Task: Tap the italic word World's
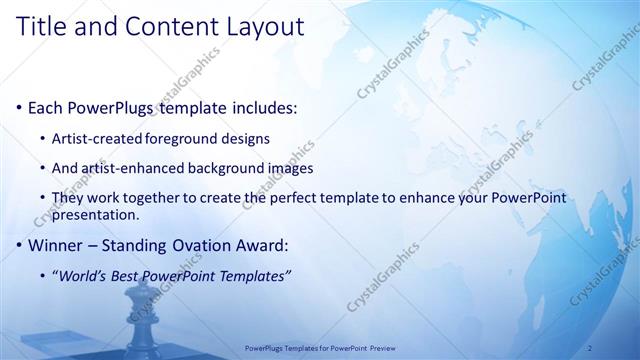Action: point(83,275)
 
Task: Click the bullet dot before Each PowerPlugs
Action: point(18,107)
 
